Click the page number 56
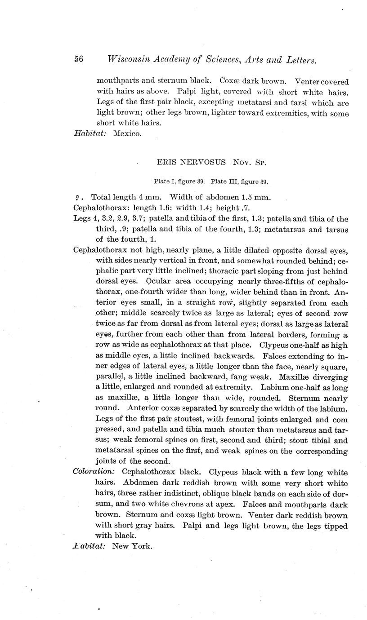tap(78, 60)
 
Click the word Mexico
tap(127, 133)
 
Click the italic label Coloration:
tap(94, 473)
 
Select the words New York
tap(132, 546)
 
